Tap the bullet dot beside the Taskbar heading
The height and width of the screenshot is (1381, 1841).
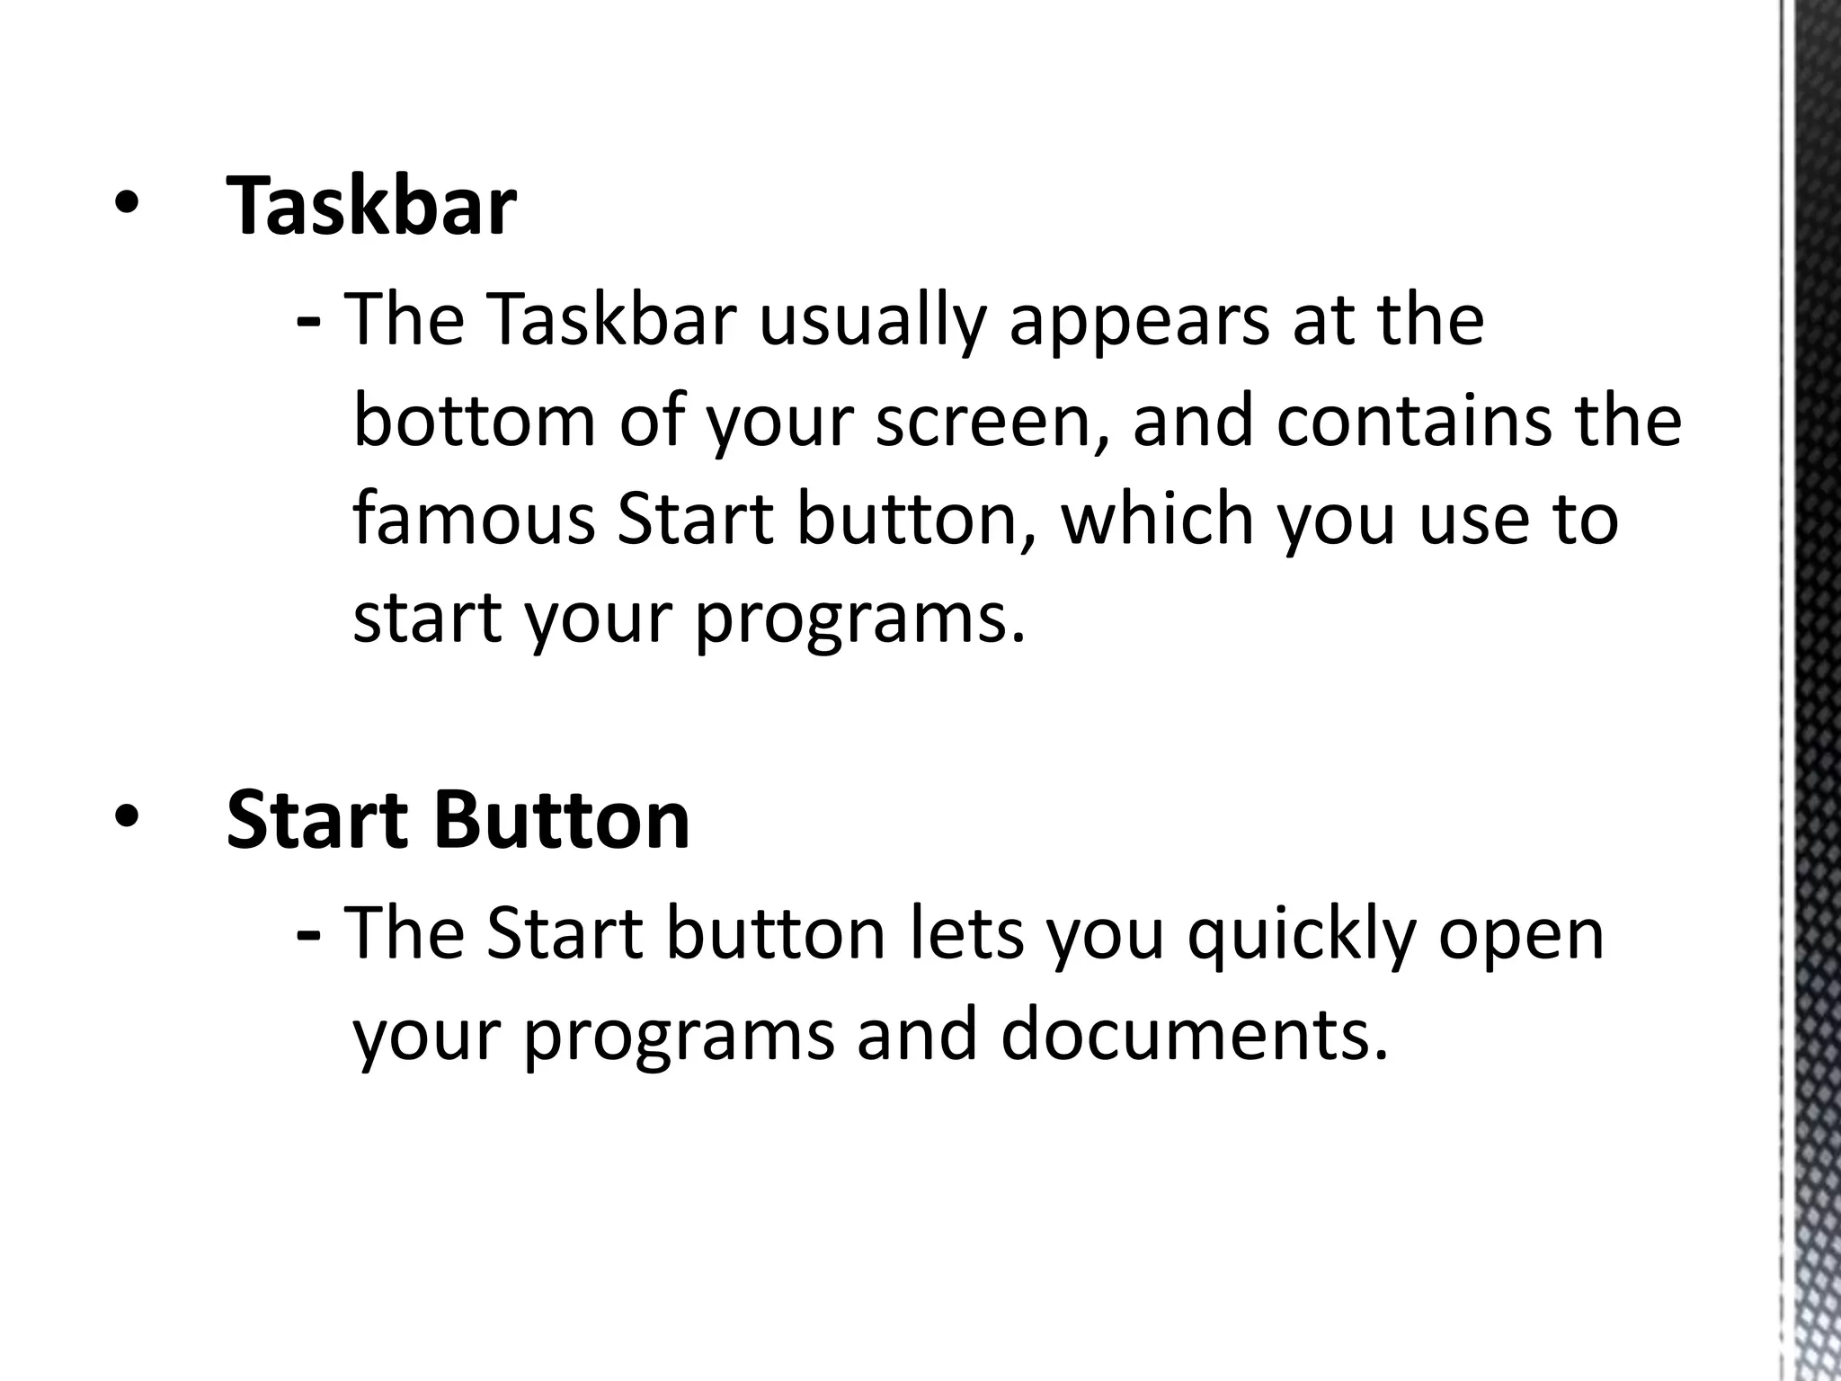(x=126, y=206)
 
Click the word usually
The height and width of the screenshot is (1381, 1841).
(x=873, y=321)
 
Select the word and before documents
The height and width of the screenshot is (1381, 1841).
(x=916, y=1034)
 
